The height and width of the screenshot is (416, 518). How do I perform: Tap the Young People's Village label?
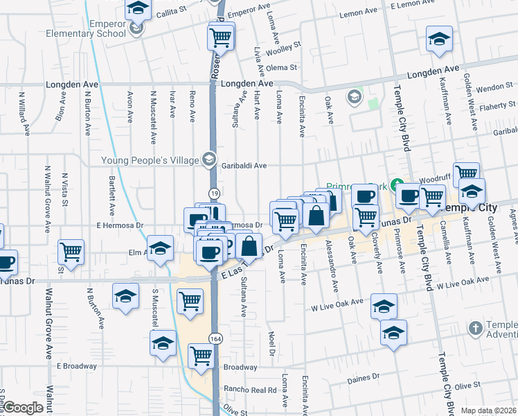tap(150, 160)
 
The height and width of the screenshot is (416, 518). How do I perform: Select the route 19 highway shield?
tap(215, 193)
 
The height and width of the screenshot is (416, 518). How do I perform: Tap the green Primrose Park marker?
tap(397, 185)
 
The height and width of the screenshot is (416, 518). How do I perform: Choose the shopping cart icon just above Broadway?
tap(201, 356)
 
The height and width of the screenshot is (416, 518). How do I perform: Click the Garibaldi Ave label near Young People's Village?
tap(244, 166)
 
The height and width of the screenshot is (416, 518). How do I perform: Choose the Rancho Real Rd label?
tap(249, 389)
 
